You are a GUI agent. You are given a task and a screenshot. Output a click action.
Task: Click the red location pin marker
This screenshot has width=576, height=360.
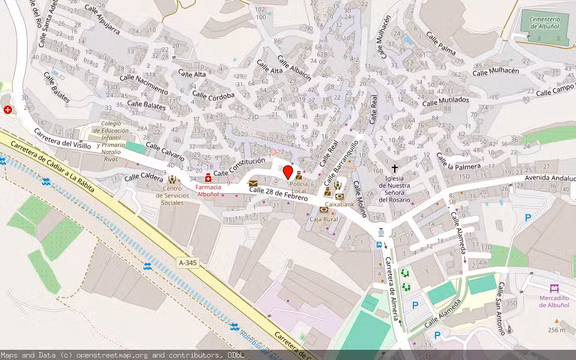tap(287, 173)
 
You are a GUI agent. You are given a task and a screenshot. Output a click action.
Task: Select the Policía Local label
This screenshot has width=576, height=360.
tap(298, 187)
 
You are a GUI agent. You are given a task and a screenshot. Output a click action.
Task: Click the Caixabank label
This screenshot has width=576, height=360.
tap(340, 204)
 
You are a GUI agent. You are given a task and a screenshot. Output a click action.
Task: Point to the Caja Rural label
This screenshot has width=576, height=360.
tap(323, 219)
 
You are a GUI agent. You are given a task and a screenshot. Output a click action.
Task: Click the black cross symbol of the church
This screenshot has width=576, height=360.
tap(394, 169)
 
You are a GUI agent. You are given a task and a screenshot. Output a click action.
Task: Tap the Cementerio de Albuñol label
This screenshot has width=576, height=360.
tap(544, 23)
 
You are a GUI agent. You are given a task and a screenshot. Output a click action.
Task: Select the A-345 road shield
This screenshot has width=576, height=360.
tap(188, 263)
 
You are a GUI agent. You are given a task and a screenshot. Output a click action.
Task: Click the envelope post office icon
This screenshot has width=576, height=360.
tap(253, 184)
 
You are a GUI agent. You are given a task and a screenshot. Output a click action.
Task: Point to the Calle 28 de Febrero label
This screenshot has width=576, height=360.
tap(278, 194)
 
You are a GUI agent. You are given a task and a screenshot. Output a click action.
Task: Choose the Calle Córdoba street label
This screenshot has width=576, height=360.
tap(213, 94)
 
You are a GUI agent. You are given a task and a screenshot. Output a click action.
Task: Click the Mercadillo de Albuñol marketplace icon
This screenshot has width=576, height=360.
tap(554, 289)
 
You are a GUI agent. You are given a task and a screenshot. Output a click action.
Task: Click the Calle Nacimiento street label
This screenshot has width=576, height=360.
tap(144, 83)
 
